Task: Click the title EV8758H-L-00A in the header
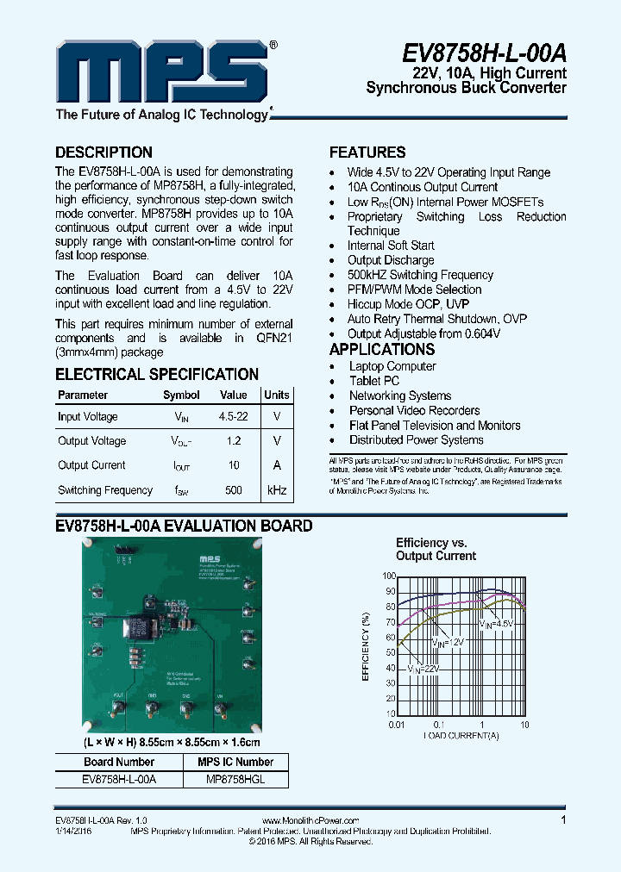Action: (484, 53)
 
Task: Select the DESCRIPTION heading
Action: (103, 153)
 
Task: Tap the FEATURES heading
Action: (367, 153)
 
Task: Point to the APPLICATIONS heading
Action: (382, 350)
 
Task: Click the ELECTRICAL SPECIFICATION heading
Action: (157, 375)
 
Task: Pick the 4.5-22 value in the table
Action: (233, 417)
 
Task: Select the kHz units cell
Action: (277, 490)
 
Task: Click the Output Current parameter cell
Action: (91, 465)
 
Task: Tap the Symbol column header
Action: (181, 396)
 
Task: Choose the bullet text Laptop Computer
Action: (392, 366)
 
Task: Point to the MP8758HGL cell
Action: (235, 778)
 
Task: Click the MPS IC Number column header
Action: (235, 762)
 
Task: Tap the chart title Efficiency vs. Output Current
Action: (435, 549)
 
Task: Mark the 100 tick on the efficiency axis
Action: (388, 576)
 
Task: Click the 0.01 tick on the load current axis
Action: (396, 726)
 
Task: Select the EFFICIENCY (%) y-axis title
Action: (366, 645)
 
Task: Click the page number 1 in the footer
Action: (563, 820)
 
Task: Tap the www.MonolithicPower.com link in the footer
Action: (309, 821)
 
